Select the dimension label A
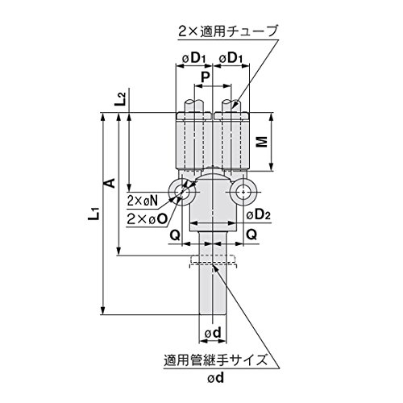pyautogui.click(x=110, y=183)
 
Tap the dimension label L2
pyautogui.click(x=120, y=99)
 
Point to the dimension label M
pyautogui.click(x=262, y=142)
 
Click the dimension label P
pyautogui.click(x=206, y=77)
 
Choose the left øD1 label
pyautogui.click(x=193, y=58)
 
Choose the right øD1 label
pyautogui.click(x=231, y=58)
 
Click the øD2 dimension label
pyautogui.click(x=259, y=214)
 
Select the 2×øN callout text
pyautogui.click(x=143, y=201)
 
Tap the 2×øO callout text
pyautogui.click(x=147, y=219)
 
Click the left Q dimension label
pyautogui.click(x=175, y=235)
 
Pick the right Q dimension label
pyautogui.click(x=251, y=235)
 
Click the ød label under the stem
pyautogui.click(x=213, y=333)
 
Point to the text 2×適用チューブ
pyautogui.click(x=228, y=31)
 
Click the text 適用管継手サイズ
pyautogui.click(x=216, y=359)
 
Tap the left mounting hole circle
pyautogui.click(x=182, y=192)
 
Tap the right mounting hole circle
pyautogui.click(x=243, y=192)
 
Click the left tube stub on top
pyautogui.click(x=193, y=106)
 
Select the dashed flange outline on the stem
pyautogui.click(x=214, y=261)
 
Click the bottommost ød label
pyautogui.click(x=216, y=378)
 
